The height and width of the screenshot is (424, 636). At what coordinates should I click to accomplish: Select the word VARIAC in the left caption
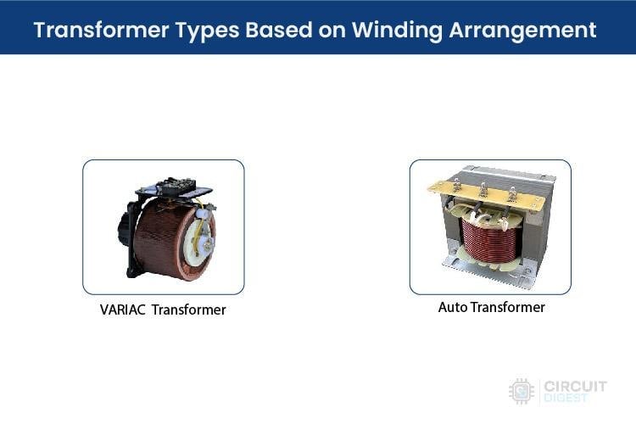click(x=125, y=310)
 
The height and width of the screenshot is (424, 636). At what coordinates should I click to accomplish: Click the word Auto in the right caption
click(x=453, y=307)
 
